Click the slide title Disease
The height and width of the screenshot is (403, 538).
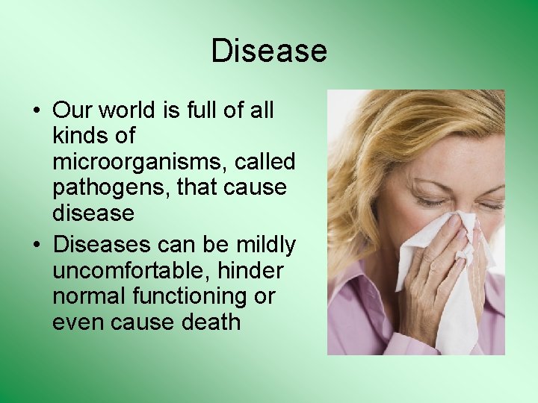269,51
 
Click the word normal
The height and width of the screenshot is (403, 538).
89,296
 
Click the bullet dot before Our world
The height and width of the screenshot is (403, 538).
36,111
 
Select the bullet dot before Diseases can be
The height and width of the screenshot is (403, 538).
36,246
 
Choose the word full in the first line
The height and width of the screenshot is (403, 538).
200,110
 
